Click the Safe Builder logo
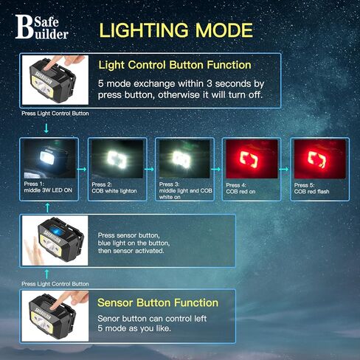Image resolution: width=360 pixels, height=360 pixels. click(x=42, y=27)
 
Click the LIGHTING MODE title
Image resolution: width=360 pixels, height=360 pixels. click(x=176, y=30)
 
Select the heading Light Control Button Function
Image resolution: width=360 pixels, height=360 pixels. click(x=175, y=65)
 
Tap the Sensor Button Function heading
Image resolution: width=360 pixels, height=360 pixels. click(x=158, y=302)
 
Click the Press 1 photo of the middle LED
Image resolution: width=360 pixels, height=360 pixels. click(x=49, y=159)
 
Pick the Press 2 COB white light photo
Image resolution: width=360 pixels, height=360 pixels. click(x=117, y=159)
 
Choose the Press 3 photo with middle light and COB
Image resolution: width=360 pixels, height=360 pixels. click(x=184, y=159)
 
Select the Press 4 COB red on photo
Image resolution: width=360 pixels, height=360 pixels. click(x=252, y=159)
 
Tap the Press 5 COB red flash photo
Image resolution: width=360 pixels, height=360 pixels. click(x=319, y=159)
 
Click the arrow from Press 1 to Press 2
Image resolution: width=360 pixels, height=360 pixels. click(x=82, y=169)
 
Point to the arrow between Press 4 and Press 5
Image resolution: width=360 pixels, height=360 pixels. click(x=284, y=169)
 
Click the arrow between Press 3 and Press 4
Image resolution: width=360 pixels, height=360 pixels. click(x=216, y=169)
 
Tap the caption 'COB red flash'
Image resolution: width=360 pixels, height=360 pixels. click(x=311, y=192)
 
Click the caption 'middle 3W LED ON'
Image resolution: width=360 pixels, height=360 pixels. click(x=48, y=190)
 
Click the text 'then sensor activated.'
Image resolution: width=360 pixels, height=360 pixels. click(x=131, y=251)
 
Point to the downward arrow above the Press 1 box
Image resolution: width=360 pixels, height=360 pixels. click(x=46, y=128)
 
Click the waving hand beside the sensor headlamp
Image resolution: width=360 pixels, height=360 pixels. click(x=32, y=253)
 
